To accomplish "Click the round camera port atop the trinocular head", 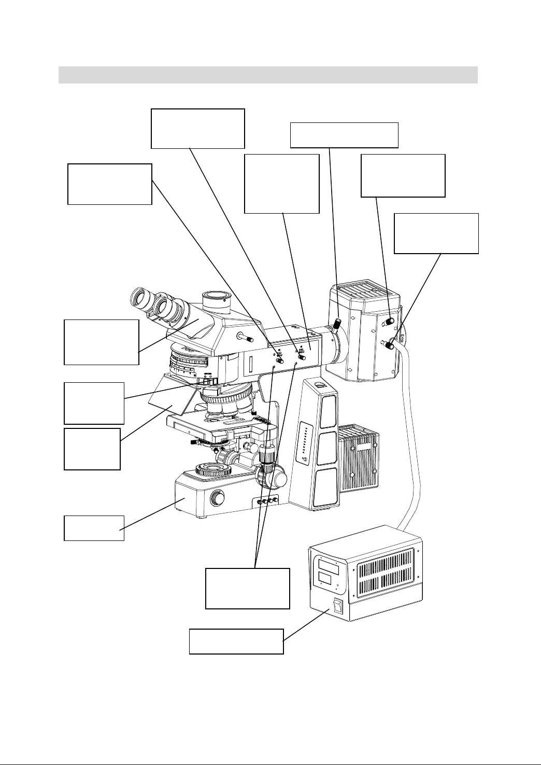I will [x=218, y=299].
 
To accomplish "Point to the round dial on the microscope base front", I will [x=218, y=499].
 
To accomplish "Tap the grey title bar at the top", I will [x=267, y=75].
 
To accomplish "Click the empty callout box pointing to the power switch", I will [x=236, y=641].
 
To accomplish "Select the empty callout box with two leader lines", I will [x=247, y=588].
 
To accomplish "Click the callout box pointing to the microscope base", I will [x=94, y=528].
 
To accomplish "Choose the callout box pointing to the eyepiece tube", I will [x=101, y=342].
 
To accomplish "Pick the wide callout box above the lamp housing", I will [x=344, y=135].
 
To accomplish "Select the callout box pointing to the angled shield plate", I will [x=92, y=449].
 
